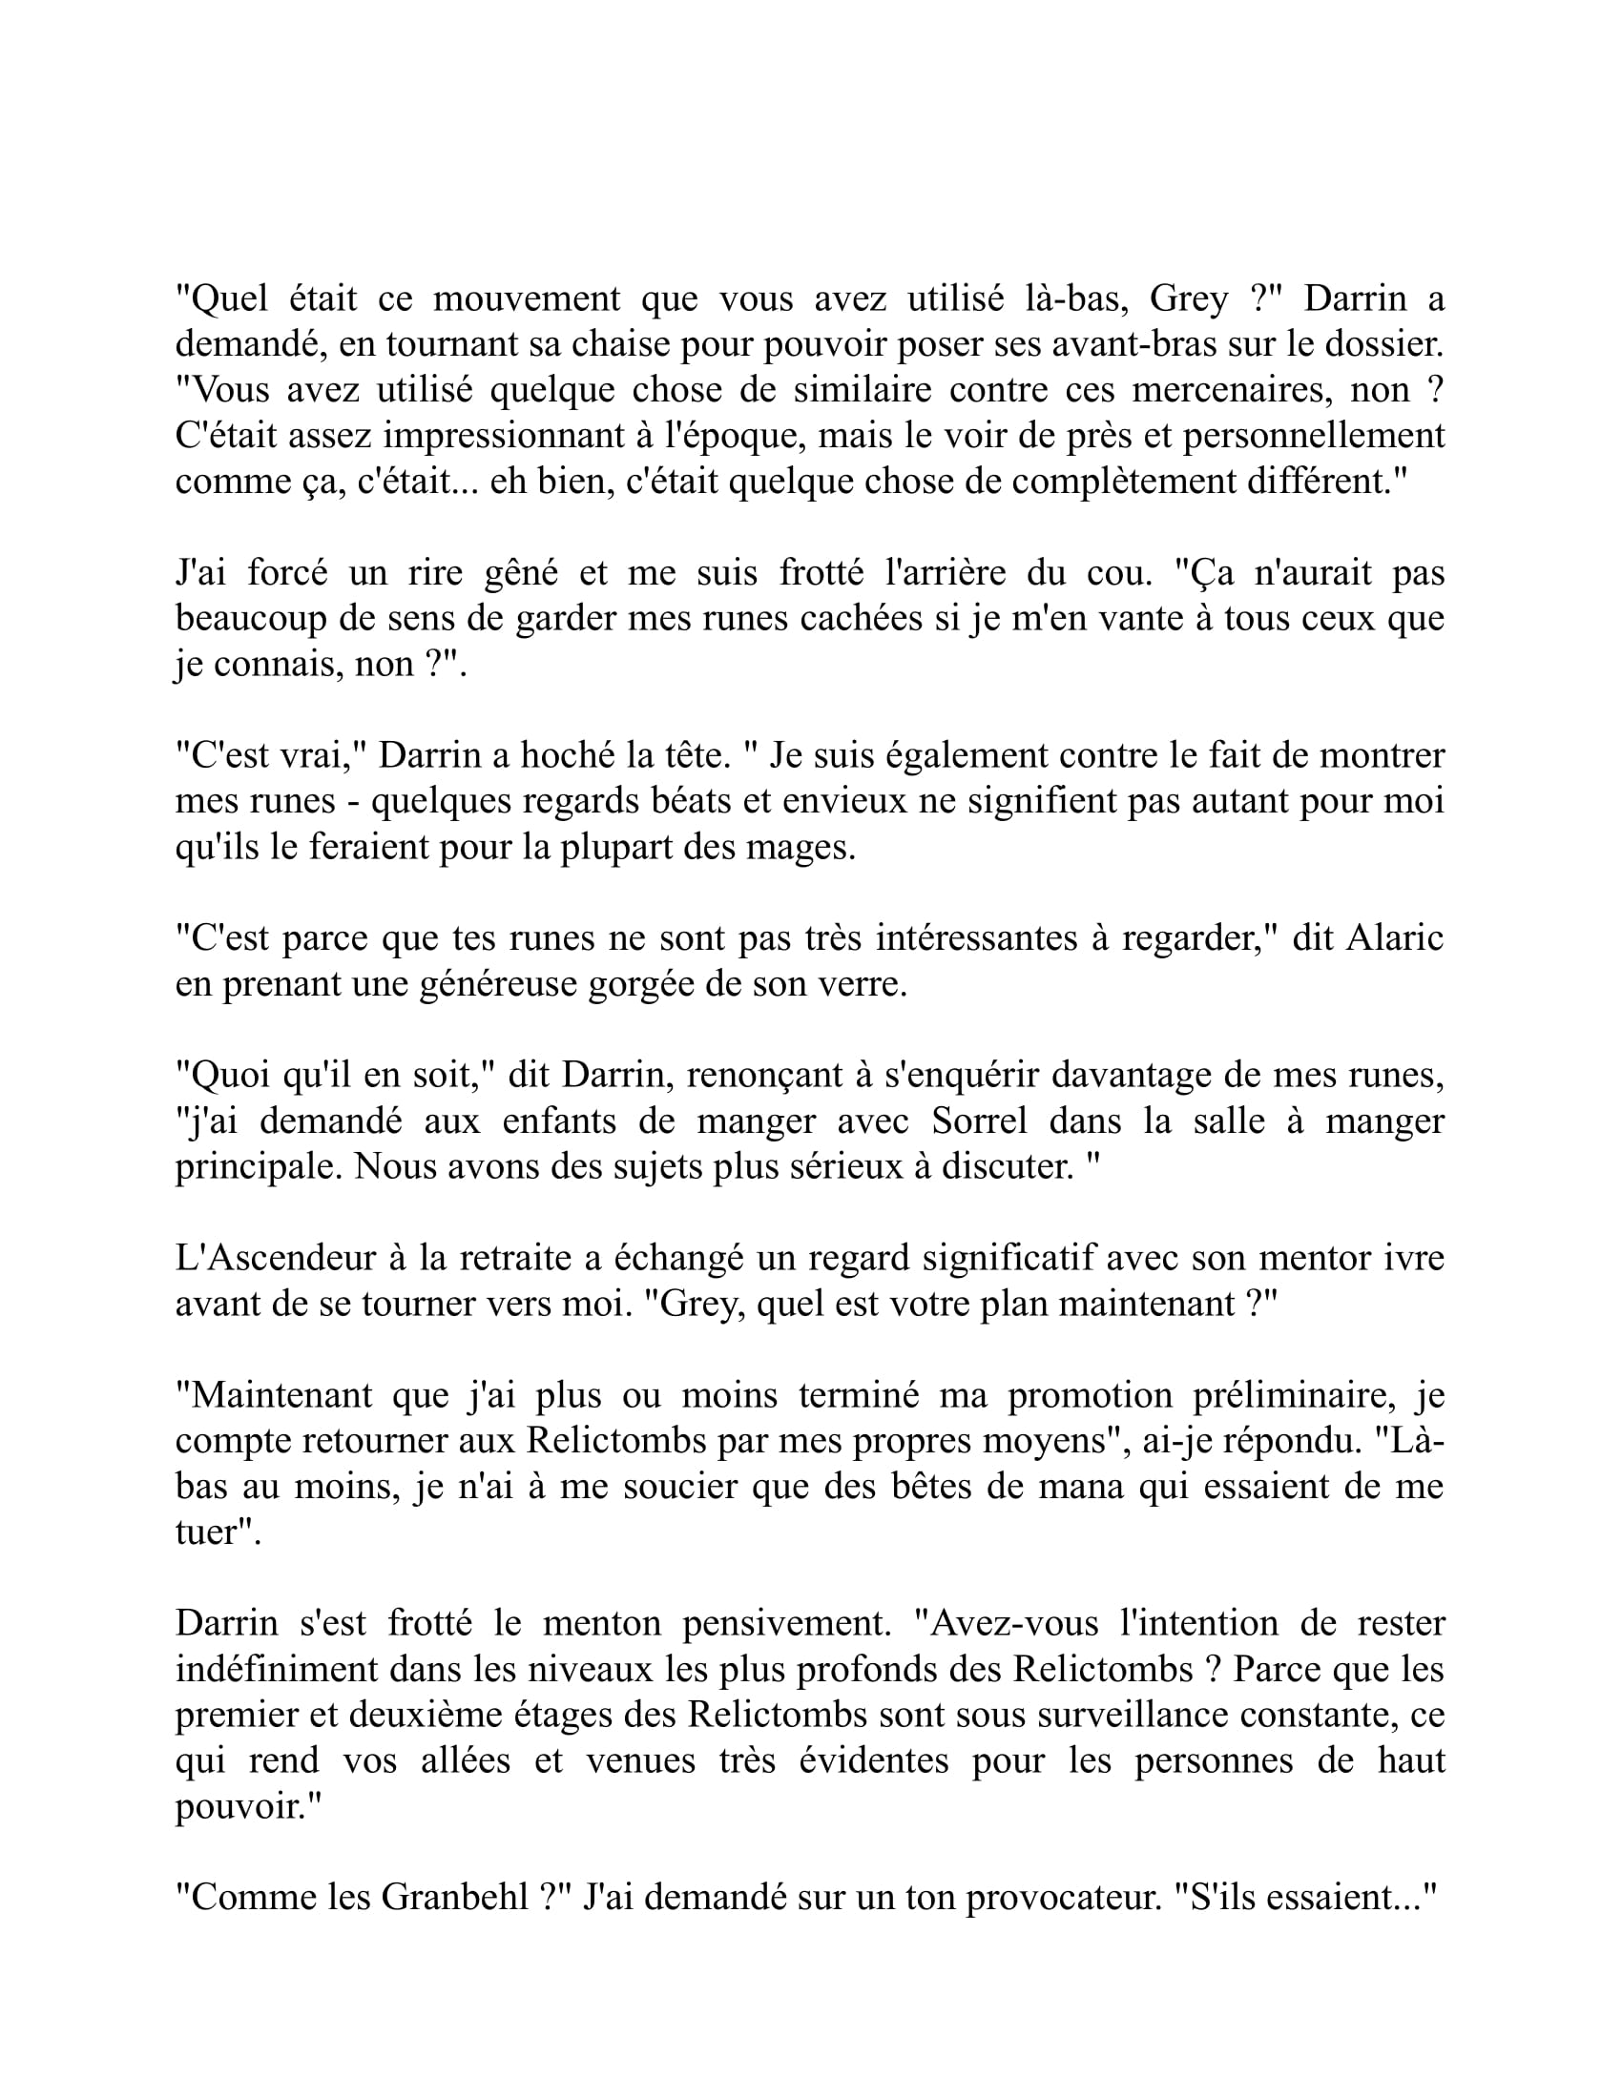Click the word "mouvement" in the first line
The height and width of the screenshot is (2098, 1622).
[527, 298]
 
